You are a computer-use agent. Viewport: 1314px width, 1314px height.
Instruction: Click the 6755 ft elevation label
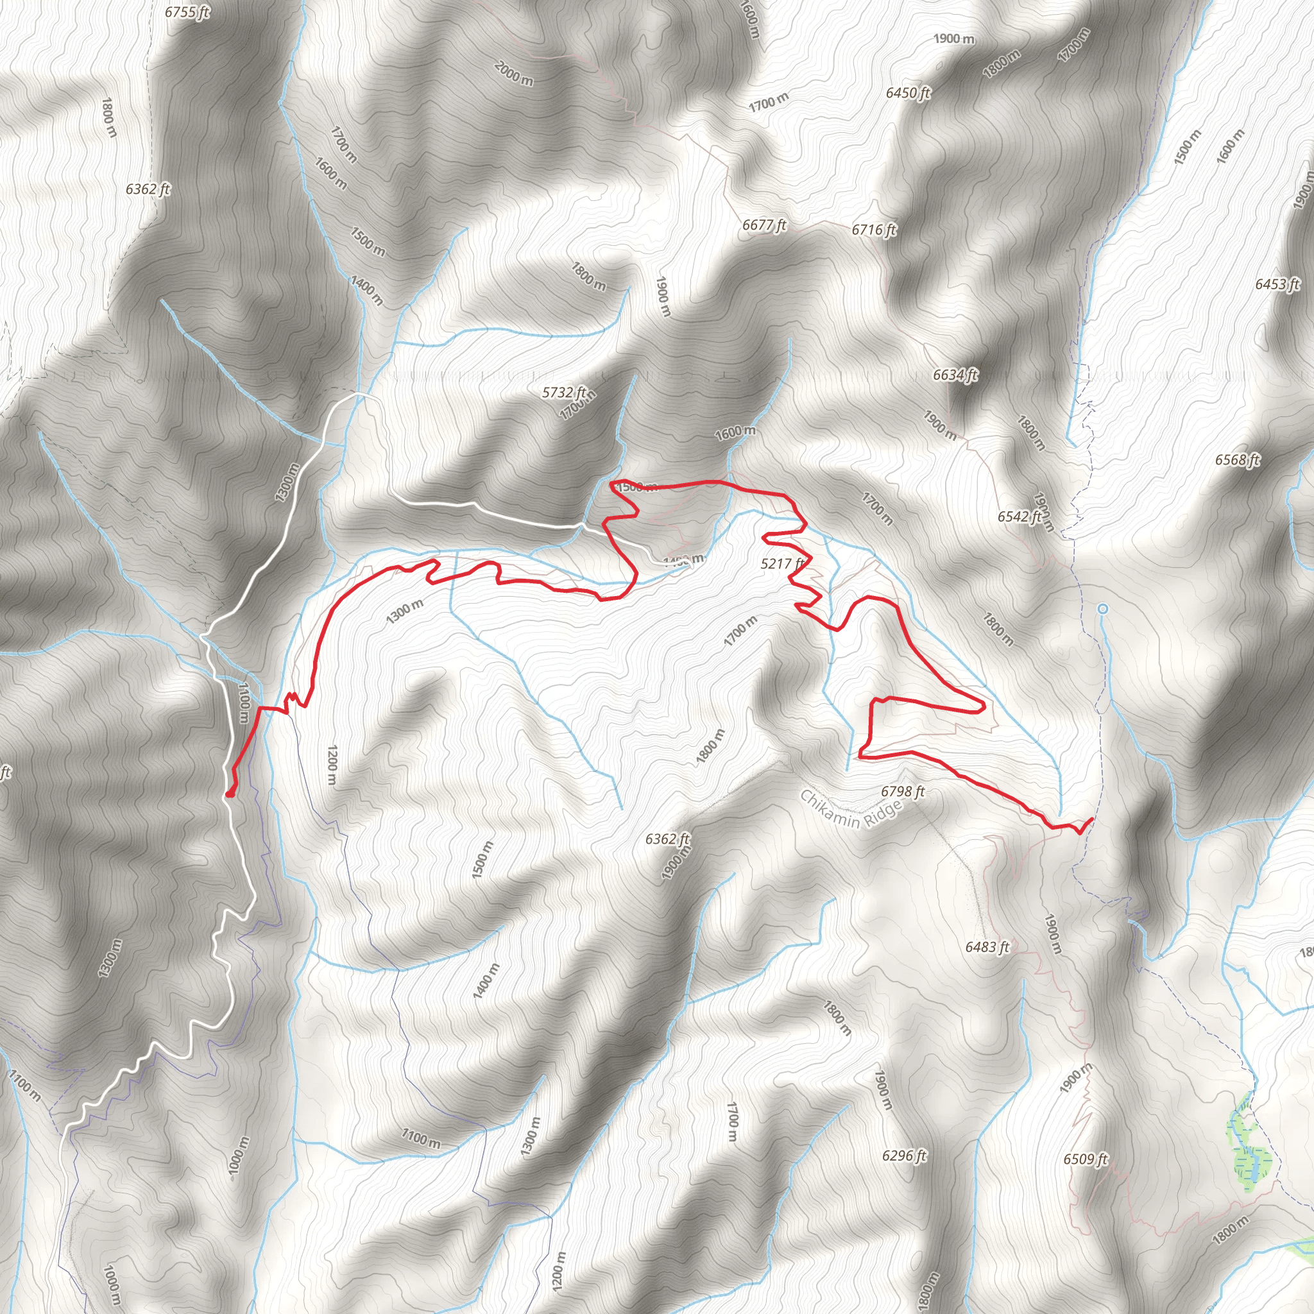[187, 12]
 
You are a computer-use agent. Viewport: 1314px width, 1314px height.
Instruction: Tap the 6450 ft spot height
[908, 92]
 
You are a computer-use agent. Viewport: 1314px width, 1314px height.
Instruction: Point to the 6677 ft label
[764, 225]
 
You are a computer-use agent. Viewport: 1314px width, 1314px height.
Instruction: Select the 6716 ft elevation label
[874, 230]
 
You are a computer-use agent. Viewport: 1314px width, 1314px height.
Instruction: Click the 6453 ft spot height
[1277, 284]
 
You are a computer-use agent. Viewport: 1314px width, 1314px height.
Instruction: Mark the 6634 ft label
[955, 375]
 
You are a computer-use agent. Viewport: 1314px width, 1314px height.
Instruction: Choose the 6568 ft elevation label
[1237, 461]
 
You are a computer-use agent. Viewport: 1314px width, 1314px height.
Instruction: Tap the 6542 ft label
[1020, 517]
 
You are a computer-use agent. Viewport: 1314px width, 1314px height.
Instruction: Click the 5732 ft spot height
[564, 393]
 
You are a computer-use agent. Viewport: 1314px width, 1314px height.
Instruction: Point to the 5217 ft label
[782, 563]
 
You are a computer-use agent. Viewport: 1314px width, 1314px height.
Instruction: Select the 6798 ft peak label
[903, 791]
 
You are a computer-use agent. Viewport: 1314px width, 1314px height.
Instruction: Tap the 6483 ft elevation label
[987, 947]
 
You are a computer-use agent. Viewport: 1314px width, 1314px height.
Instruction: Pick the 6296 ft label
[904, 1156]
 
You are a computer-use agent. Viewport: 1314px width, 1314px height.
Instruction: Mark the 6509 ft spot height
[1086, 1159]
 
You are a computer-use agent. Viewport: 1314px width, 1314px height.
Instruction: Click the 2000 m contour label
[514, 73]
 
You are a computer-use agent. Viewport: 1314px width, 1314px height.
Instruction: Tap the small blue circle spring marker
[1102, 609]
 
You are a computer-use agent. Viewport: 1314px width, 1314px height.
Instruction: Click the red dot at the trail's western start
[230, 793]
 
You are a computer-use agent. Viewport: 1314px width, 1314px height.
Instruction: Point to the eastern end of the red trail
[1091, 819]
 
